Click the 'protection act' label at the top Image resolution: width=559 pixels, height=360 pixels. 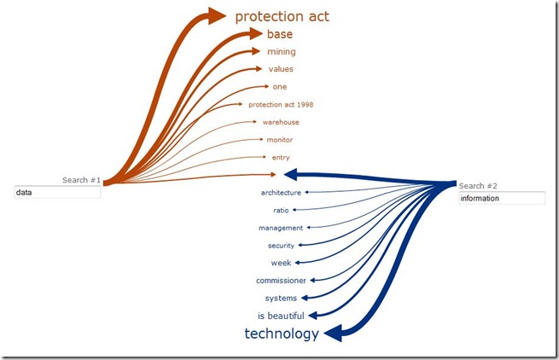click(282, 16)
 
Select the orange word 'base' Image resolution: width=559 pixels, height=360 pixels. click(279, 34)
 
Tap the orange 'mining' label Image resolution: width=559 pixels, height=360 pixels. click(281, 52)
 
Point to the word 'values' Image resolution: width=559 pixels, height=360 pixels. click(281, 69)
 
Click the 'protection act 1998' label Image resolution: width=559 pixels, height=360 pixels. click(281, 105)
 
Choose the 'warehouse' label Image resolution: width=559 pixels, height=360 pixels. click(281, 122)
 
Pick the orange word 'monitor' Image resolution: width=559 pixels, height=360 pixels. click(280, 140)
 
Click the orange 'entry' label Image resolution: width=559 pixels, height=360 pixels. click(281, 158)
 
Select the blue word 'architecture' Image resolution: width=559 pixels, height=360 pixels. click(281, 193)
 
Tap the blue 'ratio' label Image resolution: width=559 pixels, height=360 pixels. click(281, 210)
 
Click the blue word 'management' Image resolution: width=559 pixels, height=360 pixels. click(281, 228)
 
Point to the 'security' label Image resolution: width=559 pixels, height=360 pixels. click(281, 246)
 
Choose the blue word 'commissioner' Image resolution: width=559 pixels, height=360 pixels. click(281, 281)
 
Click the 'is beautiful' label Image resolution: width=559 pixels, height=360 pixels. click(281, 316)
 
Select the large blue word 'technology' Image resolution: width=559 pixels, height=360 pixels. click(282, 334)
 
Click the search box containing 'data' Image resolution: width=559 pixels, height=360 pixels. click(57, 193)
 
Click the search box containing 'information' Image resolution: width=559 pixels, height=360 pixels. click(501, 198)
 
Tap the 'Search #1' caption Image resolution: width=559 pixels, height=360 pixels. click(81, 180)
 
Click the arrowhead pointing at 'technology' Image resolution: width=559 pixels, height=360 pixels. click(333, 334)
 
